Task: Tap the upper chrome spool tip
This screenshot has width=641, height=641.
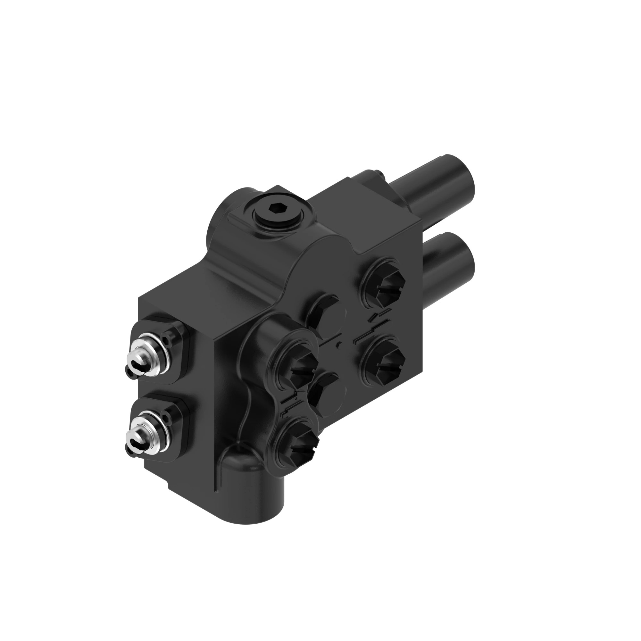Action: [139, 358]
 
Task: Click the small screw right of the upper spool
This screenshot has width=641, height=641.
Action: [167, 339]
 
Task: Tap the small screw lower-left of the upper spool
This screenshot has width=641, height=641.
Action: [130, 373]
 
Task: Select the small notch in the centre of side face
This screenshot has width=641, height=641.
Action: [338, 345]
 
